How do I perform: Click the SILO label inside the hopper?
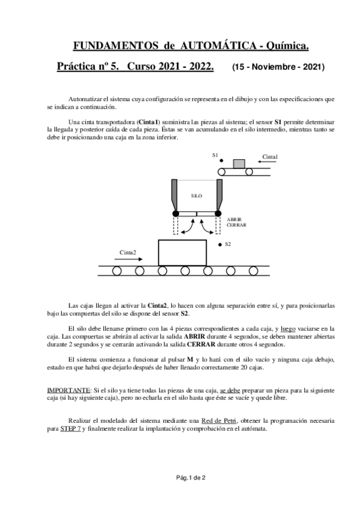(197, 196)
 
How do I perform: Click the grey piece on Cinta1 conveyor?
(239, 164)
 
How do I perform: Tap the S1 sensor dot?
(221, 161)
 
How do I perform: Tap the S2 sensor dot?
(220, 245)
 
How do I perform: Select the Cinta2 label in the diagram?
(128, 252)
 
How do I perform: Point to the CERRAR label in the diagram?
(236, 225)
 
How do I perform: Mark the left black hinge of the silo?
(175, 214)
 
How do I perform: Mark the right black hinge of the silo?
(219, 214)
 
